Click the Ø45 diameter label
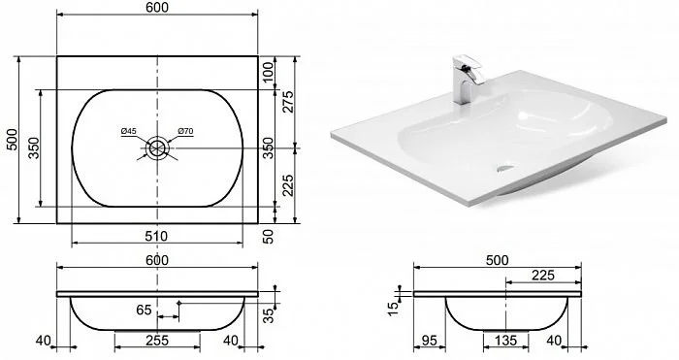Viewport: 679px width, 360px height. pos(129,131)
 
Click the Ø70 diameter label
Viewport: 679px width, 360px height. pos(185,131)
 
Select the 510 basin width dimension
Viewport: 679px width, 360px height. pos(157,236)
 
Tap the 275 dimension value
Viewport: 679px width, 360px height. pos(288,102)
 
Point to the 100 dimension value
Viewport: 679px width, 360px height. pos(269,73)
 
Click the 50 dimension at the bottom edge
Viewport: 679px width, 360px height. pos(269,237)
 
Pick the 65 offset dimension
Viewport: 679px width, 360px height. pos(144,311)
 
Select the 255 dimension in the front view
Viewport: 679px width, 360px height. pos(157,341)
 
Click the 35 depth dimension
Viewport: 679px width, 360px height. pos(269,315)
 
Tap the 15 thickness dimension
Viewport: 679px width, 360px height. pos(393,309)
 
